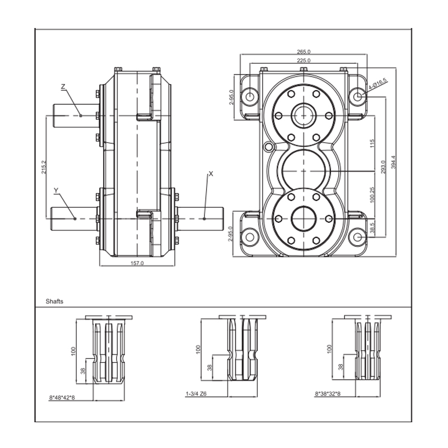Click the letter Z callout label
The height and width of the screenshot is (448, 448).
pyautogui.click(x=63, y=87)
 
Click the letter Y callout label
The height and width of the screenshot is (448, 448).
pyautogui.click(x=56, y=191)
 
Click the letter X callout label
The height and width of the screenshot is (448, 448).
pyautogui.click(x=211, y=174)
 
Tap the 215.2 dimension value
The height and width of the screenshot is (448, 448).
pyautogui.click(x=44, y=167)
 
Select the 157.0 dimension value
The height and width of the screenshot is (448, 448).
pyautogui.click(x=137, y=263)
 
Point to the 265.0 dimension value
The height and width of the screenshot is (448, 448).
pyautogui.click(x=304, y=52)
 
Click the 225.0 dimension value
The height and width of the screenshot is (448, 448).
pyautogui.click(x=304, y=60)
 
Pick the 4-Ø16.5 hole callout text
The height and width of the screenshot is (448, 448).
pyautogui.click(x=378, y=85)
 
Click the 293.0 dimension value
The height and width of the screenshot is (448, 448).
pyautogui.click(x=383, y=167)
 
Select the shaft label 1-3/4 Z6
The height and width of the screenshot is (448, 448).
pyautogui.click(x=197, y=394)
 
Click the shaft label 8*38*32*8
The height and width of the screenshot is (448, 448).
pyautogui.click(x=328, y=394)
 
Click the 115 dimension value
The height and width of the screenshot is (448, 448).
pyautogui.click(x=372, y=144)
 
